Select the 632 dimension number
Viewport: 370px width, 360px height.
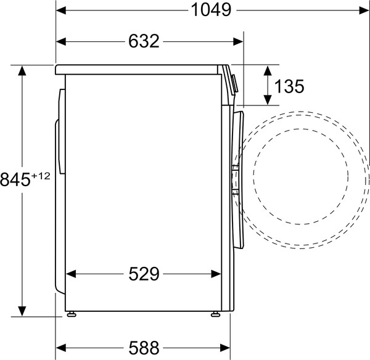click(144, 41)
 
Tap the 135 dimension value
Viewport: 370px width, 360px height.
click(289, 86)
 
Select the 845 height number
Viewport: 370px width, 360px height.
click(15, 181)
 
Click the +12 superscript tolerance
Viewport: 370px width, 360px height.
click(41, 176)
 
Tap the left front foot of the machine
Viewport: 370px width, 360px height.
click(73, 314)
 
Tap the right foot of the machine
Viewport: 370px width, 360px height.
click(215, 314)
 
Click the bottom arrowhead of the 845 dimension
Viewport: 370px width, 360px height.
click(23, 311)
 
